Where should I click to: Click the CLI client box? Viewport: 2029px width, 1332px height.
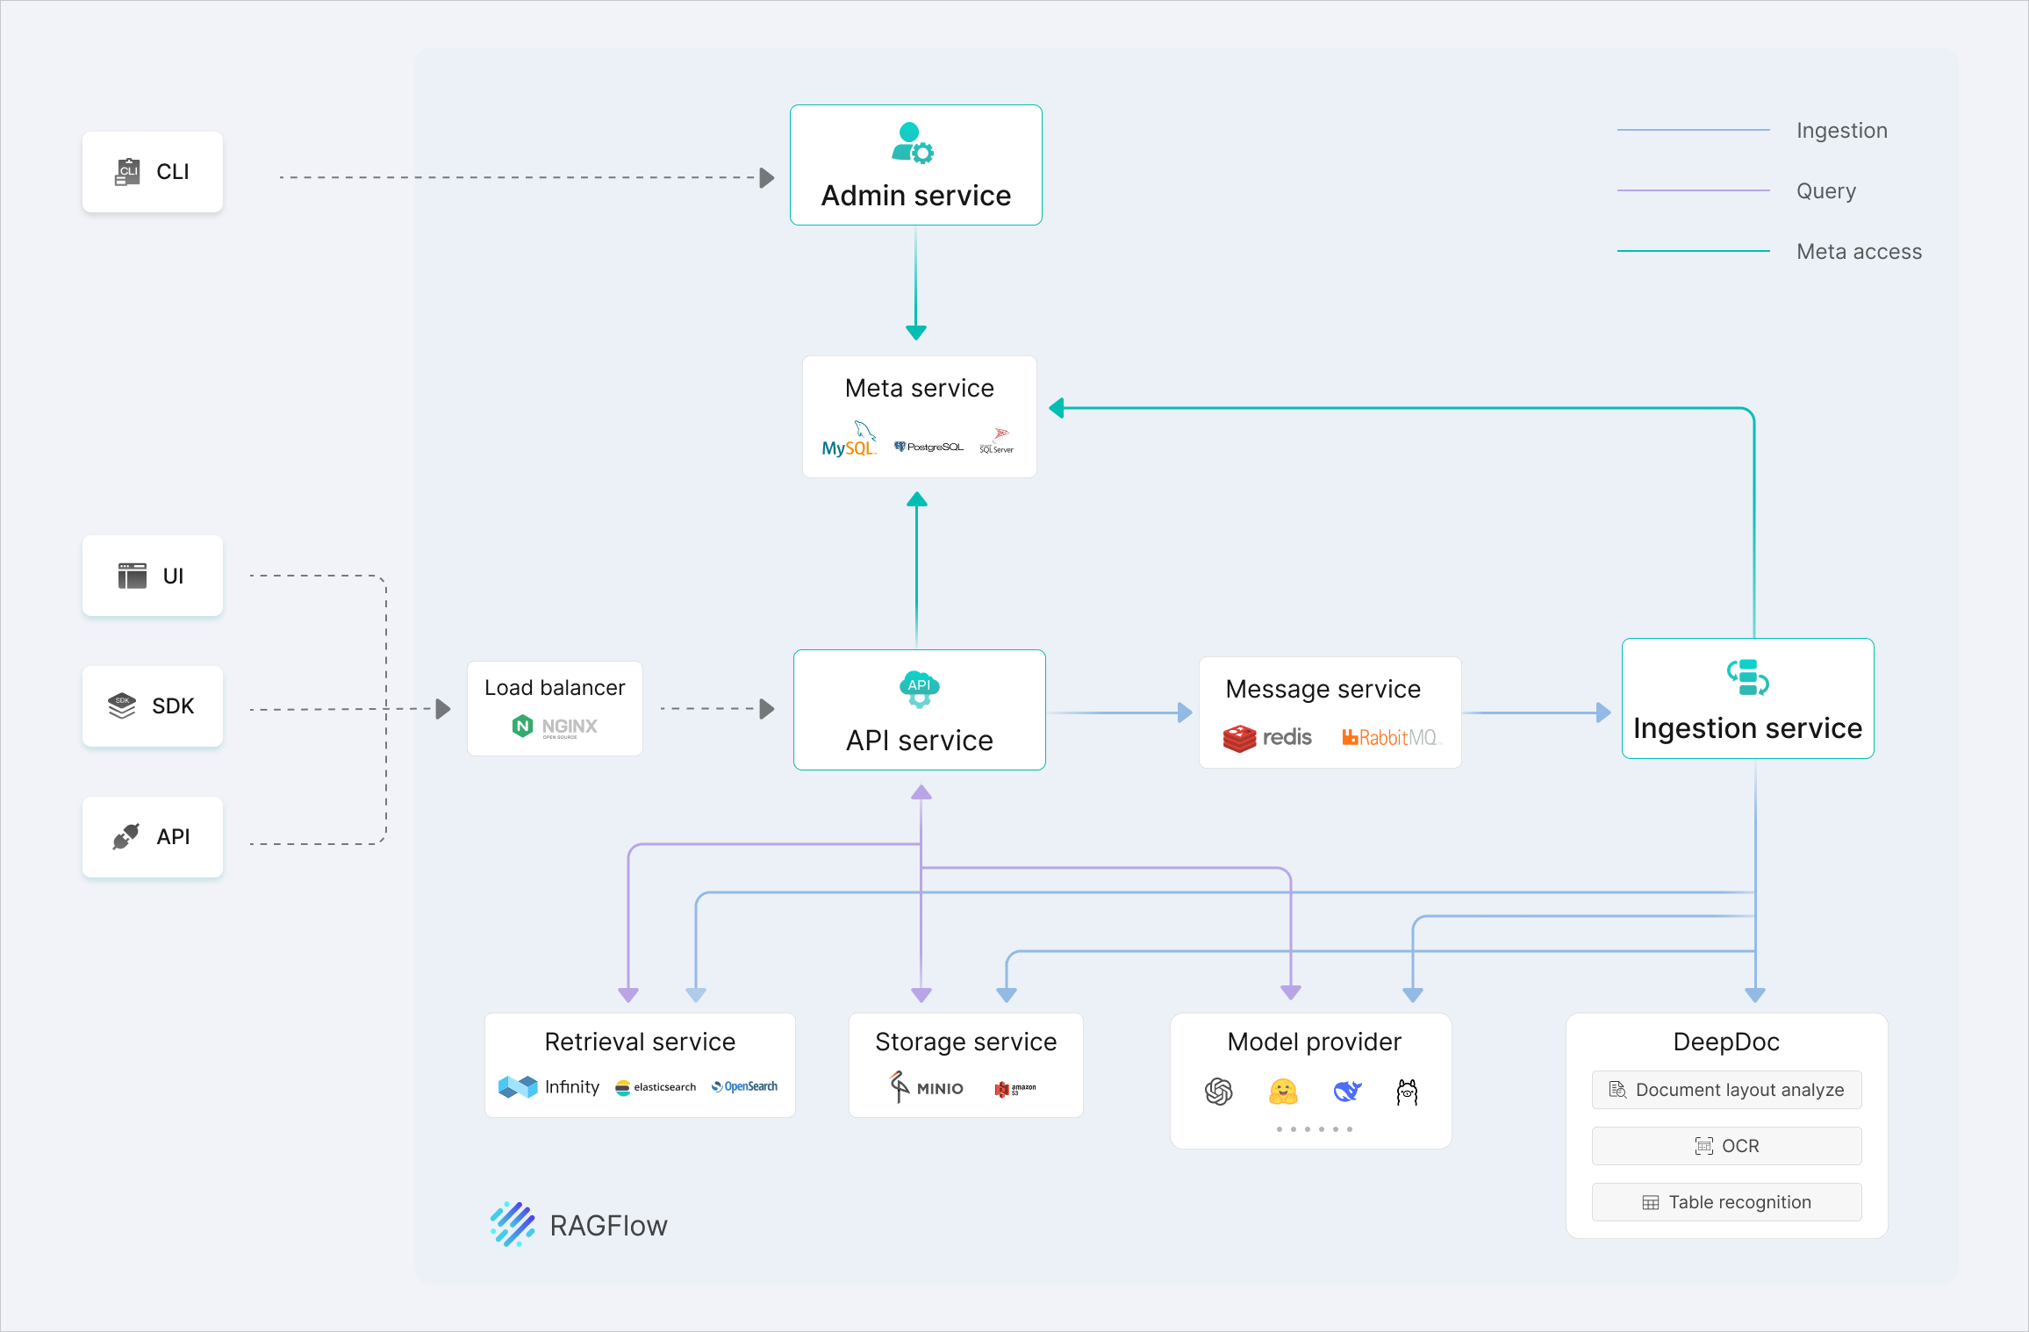tap(153, 172)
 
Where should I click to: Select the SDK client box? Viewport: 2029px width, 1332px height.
tap(153, 706)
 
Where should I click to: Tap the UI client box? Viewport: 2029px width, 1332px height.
tap(153, 576)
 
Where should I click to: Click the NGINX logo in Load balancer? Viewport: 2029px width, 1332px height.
tap(555, 727)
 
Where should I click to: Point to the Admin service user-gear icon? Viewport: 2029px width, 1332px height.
tap(913, 144)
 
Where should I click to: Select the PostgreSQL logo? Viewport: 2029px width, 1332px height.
tap(928, 447)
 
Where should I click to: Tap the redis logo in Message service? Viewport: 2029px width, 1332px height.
tap(1267, 738)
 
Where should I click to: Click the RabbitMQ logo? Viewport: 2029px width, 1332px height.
tap(1390, 738)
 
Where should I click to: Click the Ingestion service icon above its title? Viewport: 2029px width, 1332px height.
tap(1747, 677)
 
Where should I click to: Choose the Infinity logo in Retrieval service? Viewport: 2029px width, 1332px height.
tap(548, 1087)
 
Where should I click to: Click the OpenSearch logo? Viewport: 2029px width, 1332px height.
tap(744, 1086)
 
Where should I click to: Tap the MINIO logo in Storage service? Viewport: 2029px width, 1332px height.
tap(927, 1087)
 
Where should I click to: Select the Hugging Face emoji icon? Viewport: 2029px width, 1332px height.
tap(1283, 1092)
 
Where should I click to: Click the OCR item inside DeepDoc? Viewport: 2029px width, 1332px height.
tap(1726, 1146)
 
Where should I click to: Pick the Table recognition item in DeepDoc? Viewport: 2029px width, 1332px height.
tap(1726, 1202)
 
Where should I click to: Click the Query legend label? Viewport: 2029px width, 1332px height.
tap(1825, 191)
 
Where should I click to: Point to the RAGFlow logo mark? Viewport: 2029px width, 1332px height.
tap(513, 1224)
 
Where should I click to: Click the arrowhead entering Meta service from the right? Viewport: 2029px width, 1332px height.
tap(1057, 408)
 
